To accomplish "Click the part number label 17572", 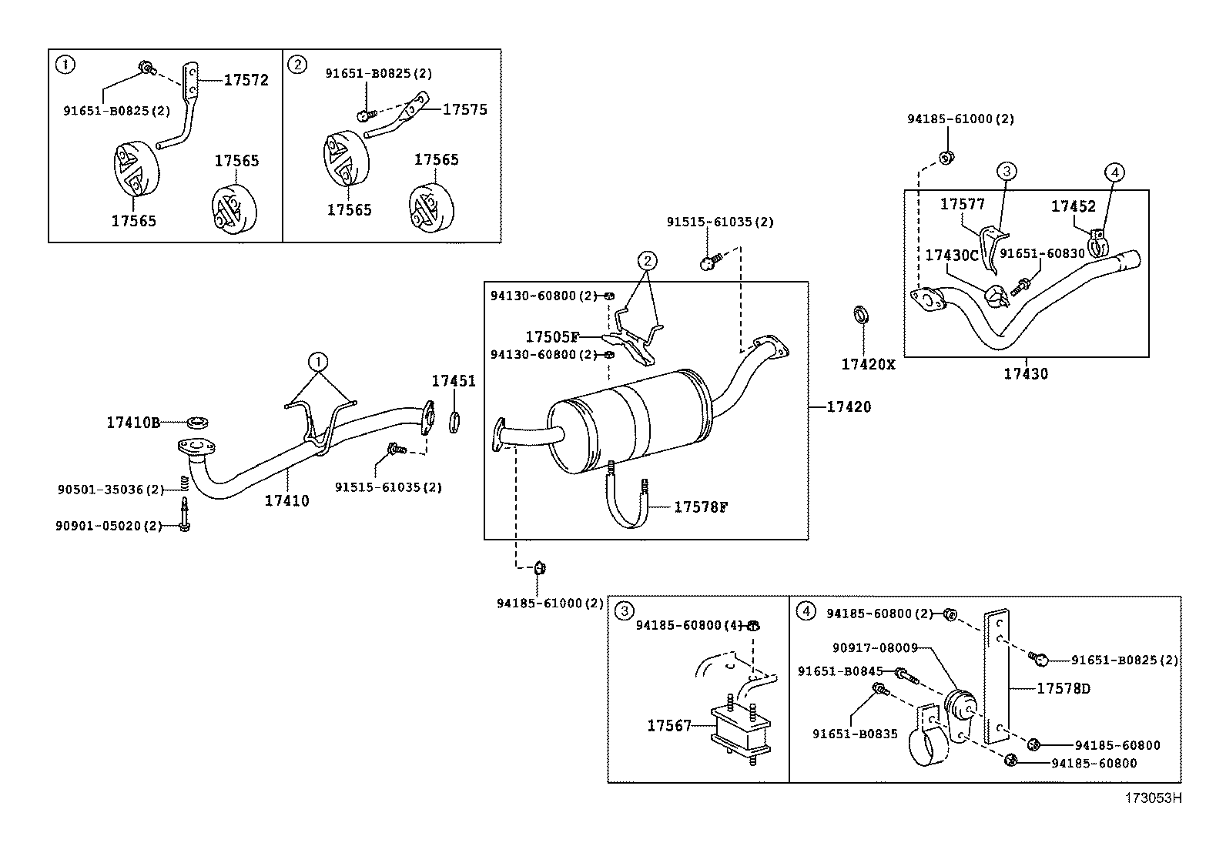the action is tap(246, 80).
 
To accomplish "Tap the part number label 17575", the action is tap(464, 109).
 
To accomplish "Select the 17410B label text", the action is tap(133, 423).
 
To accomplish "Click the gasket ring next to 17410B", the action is tap(198, 423).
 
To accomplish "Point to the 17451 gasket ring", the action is tap(454, 423).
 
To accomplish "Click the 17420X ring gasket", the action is tap(862, 315).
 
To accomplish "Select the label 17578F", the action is tap(701, 507).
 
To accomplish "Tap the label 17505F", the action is tap(551, 336).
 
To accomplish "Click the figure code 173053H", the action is tap(1153, 798).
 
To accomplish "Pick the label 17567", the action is tap(669, 726).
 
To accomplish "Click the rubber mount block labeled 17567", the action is tap(741, 730).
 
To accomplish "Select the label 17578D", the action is tap(1064, 688).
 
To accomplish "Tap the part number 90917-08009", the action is tap(875, 648).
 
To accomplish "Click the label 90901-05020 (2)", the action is tap(109, 526).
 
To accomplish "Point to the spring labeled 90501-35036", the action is tap(185, 483).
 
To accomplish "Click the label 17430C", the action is tap(952, 255).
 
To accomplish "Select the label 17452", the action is tap(1074, 206).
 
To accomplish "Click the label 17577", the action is tap(962, 204).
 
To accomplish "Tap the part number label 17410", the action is tap(286, 500).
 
